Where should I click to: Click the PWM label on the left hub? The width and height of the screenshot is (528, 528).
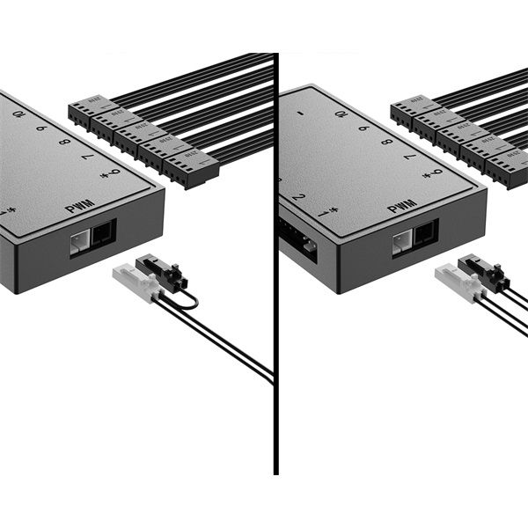click(x=81, y=210)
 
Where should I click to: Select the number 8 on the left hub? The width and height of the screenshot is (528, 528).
click(x=64, y=142)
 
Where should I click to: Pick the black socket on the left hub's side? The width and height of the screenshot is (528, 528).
click(x=102, y=233)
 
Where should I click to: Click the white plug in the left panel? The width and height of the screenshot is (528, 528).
click(x=135, y=282)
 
